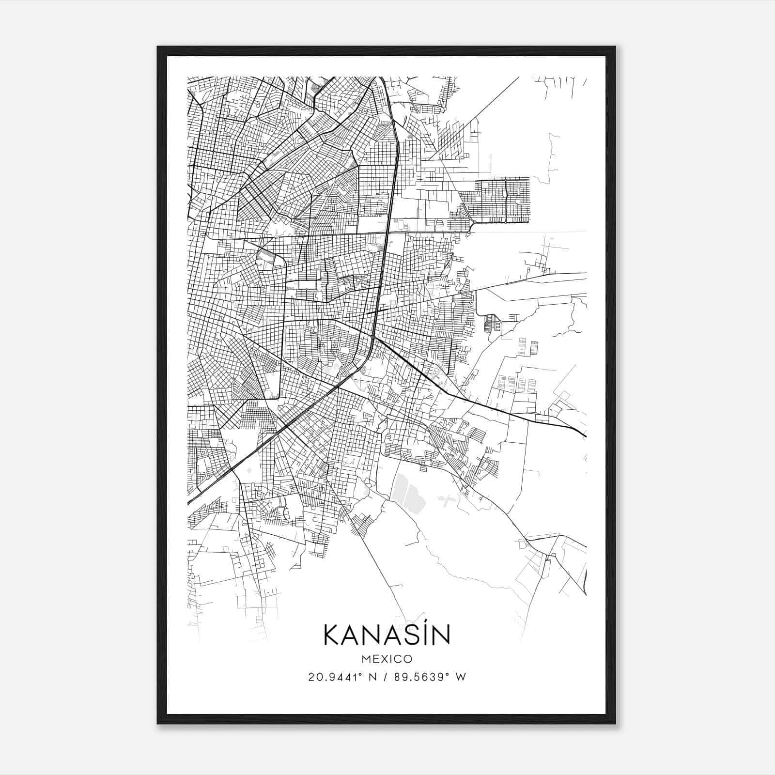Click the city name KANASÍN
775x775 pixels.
[387, 635]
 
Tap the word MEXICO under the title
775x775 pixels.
[387, 659]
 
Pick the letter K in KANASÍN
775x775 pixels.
[331, 635]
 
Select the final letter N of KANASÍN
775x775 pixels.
[441, 635]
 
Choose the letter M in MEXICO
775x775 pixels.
[365, 659]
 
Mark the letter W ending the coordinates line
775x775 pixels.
[461, 677]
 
